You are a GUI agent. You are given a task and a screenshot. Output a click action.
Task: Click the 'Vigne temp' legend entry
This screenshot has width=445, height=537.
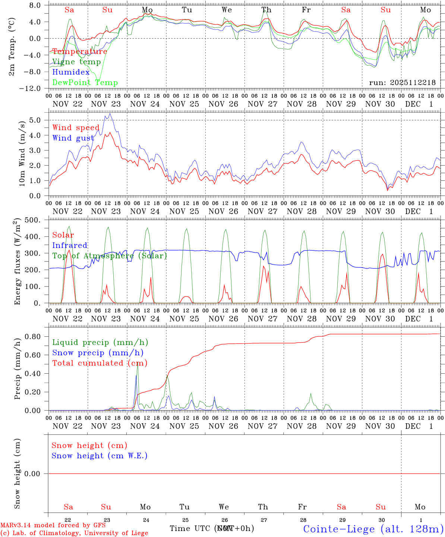click(x=76, y=62)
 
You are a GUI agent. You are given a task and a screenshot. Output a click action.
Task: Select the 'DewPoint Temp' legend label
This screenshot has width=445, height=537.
click(x=85, y=83)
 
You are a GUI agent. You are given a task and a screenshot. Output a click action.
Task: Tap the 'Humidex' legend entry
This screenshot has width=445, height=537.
click(x=71, y=72)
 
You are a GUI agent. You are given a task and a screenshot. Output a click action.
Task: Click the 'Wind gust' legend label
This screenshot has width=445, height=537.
click(x=73, y=138)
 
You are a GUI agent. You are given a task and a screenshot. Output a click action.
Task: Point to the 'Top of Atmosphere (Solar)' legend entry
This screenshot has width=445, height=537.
click(x=110, y=256)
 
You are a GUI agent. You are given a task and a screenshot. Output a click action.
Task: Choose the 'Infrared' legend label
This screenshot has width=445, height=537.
click(x=70, y=245)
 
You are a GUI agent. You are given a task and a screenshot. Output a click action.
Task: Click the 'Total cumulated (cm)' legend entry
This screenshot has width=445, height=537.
click(x=100, y=363)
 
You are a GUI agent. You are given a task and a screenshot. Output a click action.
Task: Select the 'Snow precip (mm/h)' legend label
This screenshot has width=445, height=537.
click(x=98, y=353)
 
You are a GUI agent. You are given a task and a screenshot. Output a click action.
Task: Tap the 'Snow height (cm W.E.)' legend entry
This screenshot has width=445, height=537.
click(x=100, y=456)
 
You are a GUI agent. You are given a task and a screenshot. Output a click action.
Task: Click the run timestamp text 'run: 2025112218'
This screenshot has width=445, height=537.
click(x=402, y=83)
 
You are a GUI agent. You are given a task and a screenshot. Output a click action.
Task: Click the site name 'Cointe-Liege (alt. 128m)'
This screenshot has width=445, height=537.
click(x=373, y=529)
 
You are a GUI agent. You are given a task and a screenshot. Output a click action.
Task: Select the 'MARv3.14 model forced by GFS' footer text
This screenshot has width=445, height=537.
click(x=53, y=525)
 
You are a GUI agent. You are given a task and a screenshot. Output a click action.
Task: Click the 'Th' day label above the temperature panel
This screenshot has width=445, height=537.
click(x=266, y=10)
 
